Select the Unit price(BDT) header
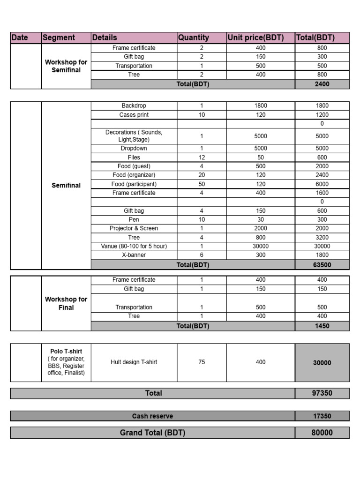point(255,38)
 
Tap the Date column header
point(20,38)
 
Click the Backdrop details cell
point(134,106)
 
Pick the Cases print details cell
point(134,115)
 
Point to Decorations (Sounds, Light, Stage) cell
point(134,136)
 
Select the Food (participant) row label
point(134,184)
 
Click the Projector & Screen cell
point(134,228)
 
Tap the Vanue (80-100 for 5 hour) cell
point(134,246)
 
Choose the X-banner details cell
point(134,255)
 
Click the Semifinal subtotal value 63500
point(322,265)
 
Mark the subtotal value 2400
point(322,84)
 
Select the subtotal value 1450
point(322,326)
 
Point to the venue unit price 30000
point(261,246)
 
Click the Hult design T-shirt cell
point(134,362)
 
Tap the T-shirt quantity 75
point(202,362)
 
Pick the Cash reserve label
point(152,416)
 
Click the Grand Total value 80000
point(322,433)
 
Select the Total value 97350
point(322,393)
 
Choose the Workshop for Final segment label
point(66,303)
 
